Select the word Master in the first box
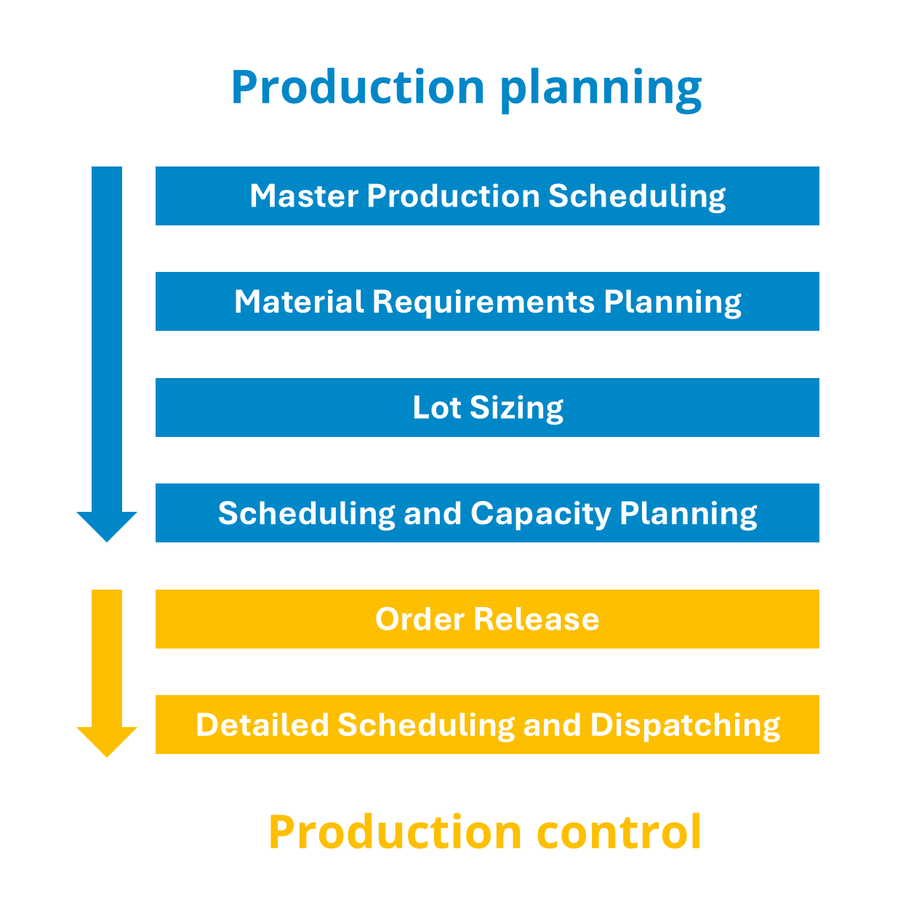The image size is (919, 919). coord(303,196)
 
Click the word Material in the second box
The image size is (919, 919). coord(299,302)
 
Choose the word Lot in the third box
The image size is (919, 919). coord(436,407)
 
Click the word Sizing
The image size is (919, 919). coord(516,409)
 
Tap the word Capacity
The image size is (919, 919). coord(541,514)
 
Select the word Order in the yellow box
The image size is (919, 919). coord(420,619)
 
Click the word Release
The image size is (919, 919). coord(537,619)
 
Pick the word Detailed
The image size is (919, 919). coord(262,725)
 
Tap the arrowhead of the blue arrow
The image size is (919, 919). coord(107,524)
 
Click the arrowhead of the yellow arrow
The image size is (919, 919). coord(107,739)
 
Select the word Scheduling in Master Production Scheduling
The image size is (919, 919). coord(636,197)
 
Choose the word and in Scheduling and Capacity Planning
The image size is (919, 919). coord(433,513)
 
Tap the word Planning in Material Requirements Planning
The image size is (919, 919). coord(673,302)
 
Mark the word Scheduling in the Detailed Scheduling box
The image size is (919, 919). coord(425,726)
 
